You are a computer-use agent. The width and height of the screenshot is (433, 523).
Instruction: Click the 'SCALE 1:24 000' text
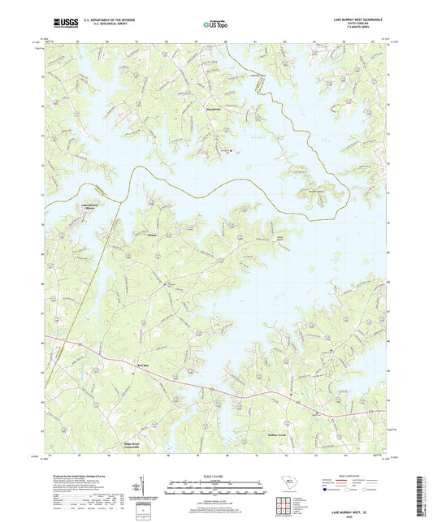coord(216,474)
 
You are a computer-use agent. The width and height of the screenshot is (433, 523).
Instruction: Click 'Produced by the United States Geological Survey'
coord(77,473)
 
